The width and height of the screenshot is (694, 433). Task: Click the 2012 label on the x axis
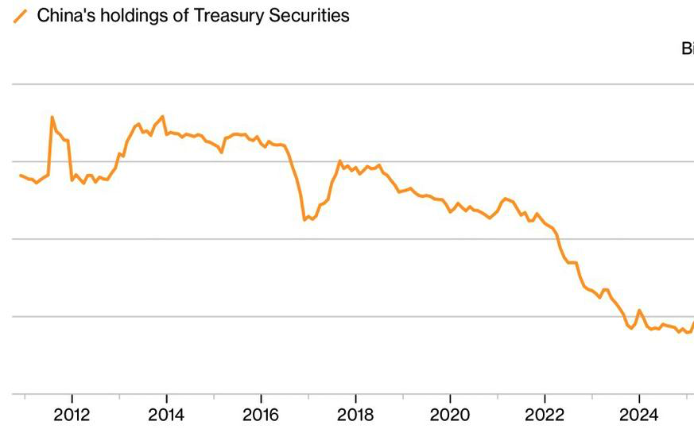pos(72,416)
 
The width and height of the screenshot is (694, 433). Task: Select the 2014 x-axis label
pos(166,416)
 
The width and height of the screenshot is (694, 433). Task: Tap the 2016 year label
pos(261,416)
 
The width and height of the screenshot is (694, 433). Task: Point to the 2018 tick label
pos(355,416)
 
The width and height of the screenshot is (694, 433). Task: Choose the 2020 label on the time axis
pos(450,416)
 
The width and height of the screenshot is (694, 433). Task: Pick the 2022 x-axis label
pos(545,416)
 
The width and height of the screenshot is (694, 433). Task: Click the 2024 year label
pos(639,416)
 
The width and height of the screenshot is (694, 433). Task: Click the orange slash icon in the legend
pos(21,15)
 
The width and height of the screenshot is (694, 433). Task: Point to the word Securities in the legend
pos(310,15)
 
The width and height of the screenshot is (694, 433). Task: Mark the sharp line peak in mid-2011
pos(52,118)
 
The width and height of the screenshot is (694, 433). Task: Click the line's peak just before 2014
pos(163,117)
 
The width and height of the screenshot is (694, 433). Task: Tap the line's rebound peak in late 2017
pos(339,161)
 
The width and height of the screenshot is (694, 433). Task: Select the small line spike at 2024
pos(639,310)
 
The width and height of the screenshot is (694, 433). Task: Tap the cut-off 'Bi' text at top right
pos(687,48)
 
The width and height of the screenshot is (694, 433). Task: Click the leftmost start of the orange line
pos(20,175)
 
